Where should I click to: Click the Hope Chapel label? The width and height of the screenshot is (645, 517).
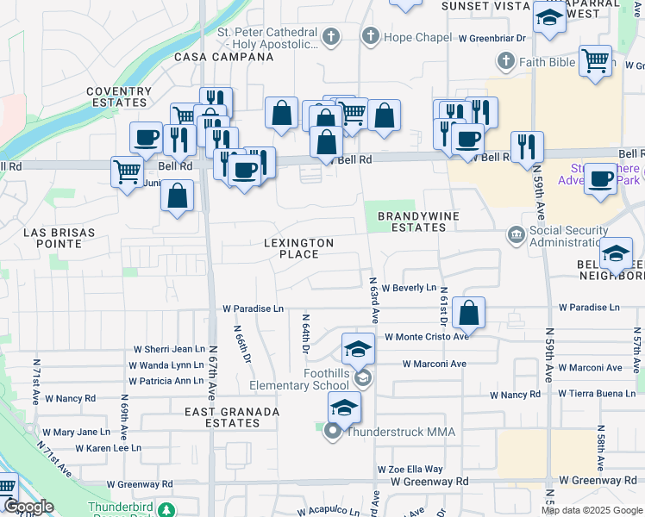click(417, 37)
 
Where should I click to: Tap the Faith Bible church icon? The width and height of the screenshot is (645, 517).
click(506, 61)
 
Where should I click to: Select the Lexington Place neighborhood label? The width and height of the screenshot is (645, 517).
click(298, 249)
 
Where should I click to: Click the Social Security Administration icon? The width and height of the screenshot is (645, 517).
click(516, 234)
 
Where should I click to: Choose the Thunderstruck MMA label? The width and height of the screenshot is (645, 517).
click(400, 432)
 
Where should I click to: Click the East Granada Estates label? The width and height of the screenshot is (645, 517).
click(232, 418)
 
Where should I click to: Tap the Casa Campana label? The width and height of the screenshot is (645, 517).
click(223, 57)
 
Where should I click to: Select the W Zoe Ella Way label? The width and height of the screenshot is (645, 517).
click(410, 470)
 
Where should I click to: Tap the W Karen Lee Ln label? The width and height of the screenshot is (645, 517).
click(108, 448)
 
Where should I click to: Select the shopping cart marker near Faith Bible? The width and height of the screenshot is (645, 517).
click(595, 61)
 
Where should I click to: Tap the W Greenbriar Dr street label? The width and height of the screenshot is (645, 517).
click(492, 38)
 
